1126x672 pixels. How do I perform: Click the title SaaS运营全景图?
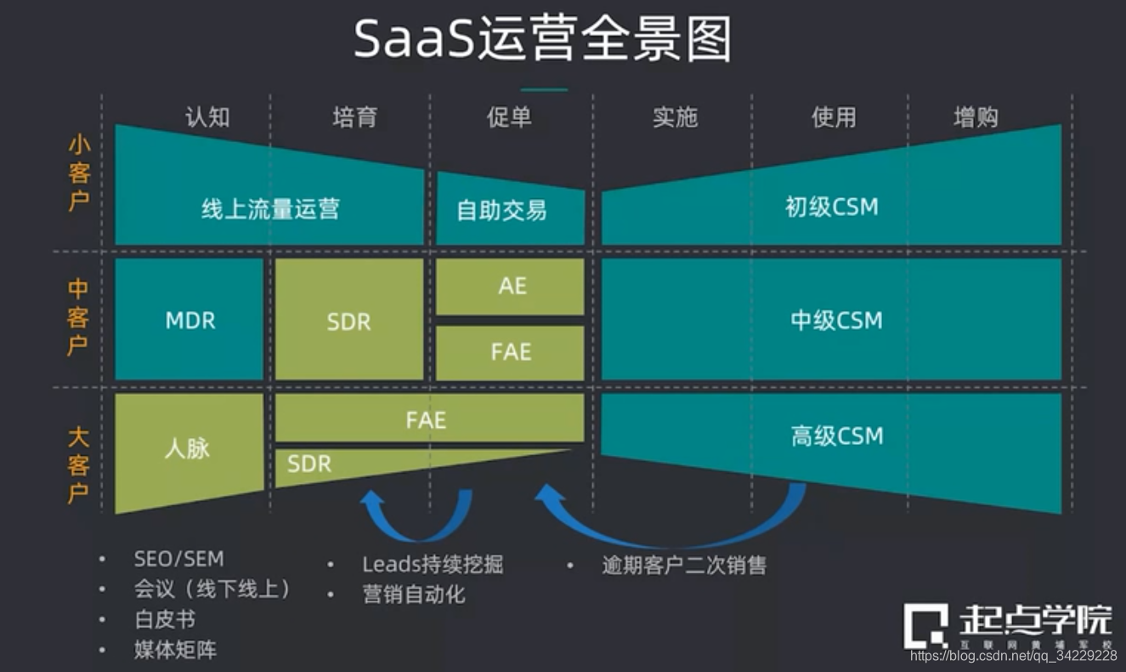(x=542, y=40)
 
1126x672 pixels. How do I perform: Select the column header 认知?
(x=207, y=117)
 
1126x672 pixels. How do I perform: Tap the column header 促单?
(x=509, y=117)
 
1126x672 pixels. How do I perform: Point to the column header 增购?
(x=976, y=117)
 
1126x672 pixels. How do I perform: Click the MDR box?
(x=190, y=321)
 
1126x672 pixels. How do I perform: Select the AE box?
(x=512, y=286)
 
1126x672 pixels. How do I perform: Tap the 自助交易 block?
(x=501, y=209)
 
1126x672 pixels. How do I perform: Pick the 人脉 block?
(x=187, y=447)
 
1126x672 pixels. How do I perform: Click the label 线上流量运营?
(x=270, y=209)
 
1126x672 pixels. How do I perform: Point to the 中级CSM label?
(x=836, y=321)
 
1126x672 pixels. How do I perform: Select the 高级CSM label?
(x=836, y=436)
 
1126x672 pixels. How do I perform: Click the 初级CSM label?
(x=831, y=207)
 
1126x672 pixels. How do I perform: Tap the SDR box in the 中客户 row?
(x=348, y=322)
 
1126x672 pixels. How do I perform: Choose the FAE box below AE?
(x=511, y=351)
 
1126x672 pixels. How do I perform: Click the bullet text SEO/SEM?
(x=178, y=559)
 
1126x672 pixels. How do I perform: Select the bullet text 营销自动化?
(x=414, y=594)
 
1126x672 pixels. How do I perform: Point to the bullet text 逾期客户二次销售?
(x=684, y=565)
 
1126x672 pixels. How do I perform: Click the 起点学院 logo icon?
(x=925, y=626)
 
